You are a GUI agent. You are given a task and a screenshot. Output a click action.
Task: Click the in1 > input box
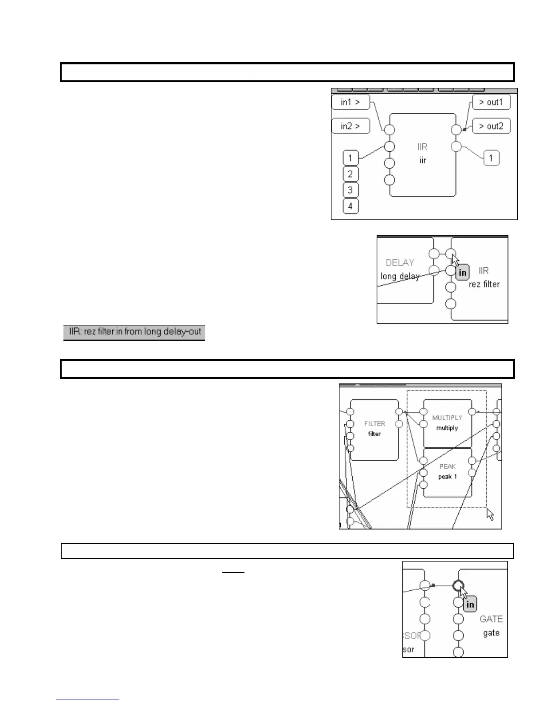coord(350,102)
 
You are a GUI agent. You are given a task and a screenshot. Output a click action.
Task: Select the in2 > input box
coord(350,126)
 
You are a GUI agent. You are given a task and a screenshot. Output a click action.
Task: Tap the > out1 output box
coord(491,102)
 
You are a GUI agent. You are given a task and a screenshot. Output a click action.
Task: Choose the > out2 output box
coord(491,126)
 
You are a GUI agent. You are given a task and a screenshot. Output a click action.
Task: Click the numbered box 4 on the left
coord(350,206)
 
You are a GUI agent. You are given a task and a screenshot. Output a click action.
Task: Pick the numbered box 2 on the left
coord(350,174)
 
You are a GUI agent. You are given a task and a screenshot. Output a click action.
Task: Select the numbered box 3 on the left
coord(350,190)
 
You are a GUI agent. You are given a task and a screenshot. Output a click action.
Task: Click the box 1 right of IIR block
coord(491,158)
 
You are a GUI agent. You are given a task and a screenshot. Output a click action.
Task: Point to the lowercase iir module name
coord(423,160)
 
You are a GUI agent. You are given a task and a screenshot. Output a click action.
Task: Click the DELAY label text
coord(400,263)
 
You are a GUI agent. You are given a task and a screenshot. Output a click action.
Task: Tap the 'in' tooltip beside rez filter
coord(462,273)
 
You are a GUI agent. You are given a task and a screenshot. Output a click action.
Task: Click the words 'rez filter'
coord(484,284)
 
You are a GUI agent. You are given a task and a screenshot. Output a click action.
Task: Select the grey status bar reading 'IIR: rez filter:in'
coord(134,332)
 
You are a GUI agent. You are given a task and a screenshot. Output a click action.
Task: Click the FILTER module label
coord(374,424)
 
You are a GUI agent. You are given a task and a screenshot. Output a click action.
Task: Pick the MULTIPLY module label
coord(447,418)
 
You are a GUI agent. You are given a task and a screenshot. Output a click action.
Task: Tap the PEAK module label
coord(447,466)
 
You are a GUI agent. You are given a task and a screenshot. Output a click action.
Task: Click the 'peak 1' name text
coord(447,477)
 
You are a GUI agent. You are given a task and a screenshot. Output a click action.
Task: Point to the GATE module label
coord(491,619)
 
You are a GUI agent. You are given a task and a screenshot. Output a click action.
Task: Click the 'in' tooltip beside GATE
coord(470,604)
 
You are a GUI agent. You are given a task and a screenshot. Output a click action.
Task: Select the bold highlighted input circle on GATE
coord(458,586)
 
